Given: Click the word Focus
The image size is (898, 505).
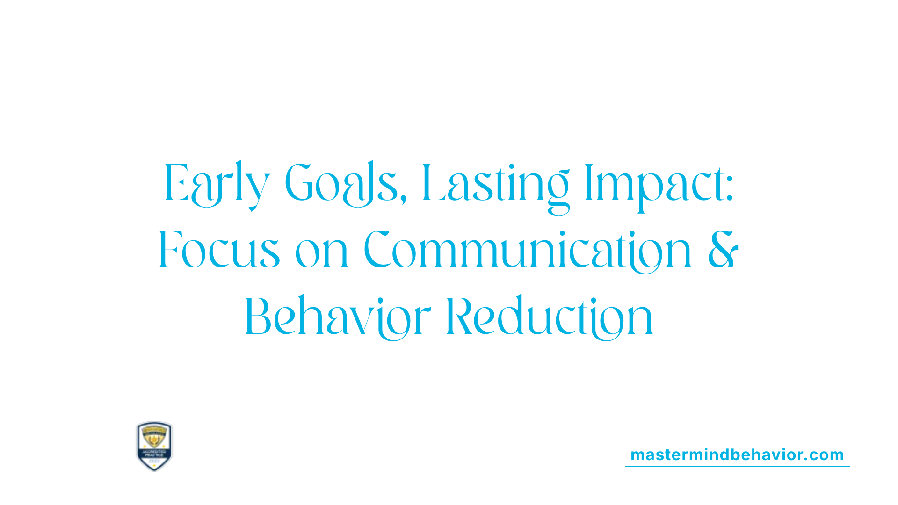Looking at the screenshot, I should click(219, 250).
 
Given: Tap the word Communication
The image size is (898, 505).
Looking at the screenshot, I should click(528, 250).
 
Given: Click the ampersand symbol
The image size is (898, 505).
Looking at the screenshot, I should click(723, 250).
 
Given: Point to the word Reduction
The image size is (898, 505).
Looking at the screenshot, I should click(550, 317).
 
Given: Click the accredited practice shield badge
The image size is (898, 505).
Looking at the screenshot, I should click(154, 446).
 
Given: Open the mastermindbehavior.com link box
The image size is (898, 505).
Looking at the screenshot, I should click(737, 454).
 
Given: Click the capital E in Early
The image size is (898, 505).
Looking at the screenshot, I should click(176, 183).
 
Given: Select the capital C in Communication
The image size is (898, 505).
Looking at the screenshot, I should click(377, 250).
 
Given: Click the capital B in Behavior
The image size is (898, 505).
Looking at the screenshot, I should click(258, 317).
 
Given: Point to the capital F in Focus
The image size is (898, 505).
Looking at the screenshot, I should click(169, 250).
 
